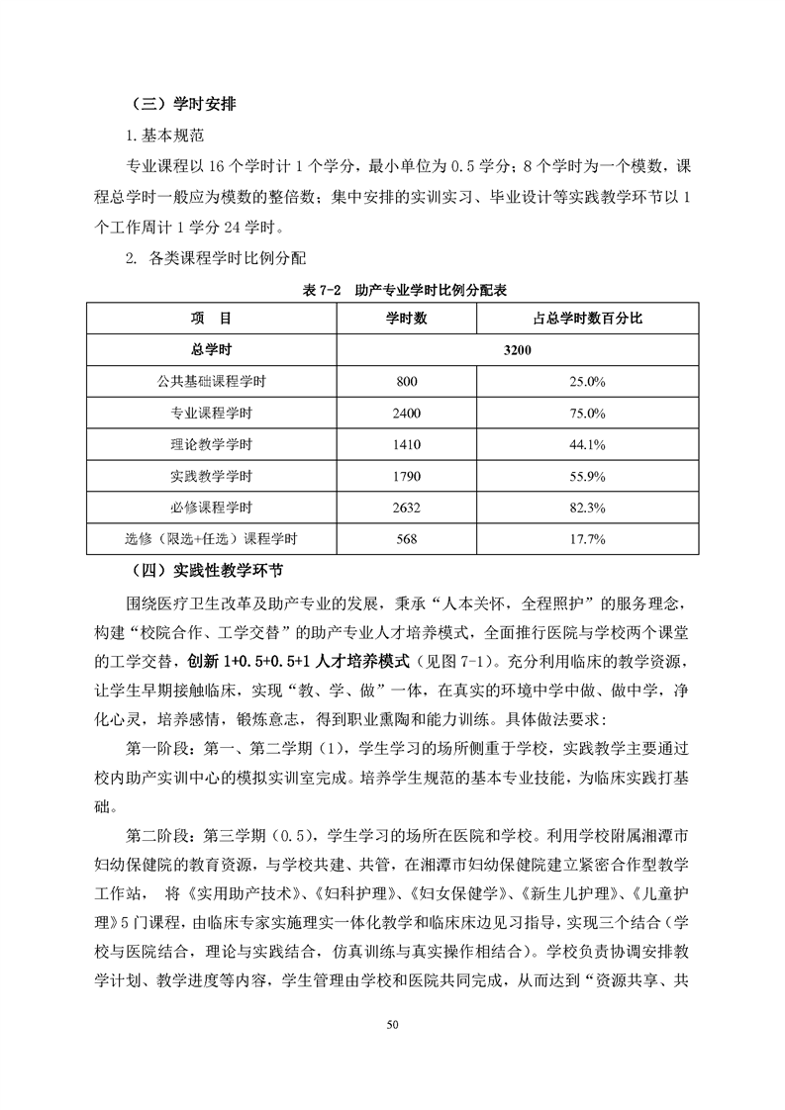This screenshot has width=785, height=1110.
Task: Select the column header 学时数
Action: (x=406, y=319)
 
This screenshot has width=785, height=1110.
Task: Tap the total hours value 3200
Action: (x=518, y=350)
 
